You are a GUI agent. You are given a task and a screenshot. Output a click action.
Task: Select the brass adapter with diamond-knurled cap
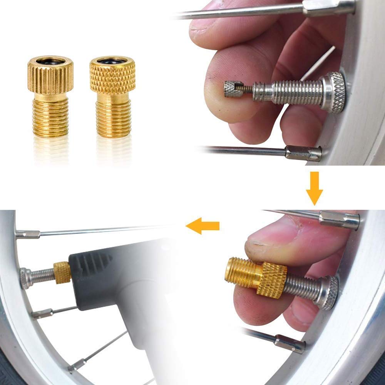pyautogui.click(x=113, y=98)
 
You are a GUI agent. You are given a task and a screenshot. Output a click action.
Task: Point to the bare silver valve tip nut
pyautogui.click(x=233, y=90)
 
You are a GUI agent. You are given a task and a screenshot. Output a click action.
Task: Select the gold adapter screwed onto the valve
pyautogui.click(x=256, y=274)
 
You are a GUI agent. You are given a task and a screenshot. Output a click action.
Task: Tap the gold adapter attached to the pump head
pyautogui.click(x=62, y=272)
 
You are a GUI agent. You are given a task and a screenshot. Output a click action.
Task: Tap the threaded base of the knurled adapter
pyautogui.click(x=113, y=119)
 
